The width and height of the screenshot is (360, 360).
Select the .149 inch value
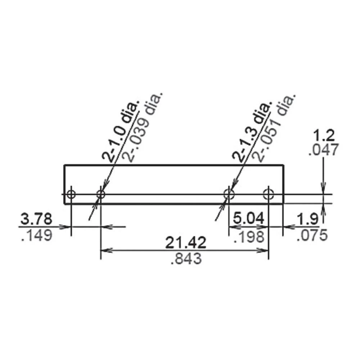[x=36, y=235]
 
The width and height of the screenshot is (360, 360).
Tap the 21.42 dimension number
[x=186, y=243]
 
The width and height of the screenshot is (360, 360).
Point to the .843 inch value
[x=186, y=259]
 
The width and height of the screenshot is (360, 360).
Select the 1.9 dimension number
[x=308, y=219]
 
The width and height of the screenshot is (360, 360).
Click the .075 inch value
[x=312, y=235]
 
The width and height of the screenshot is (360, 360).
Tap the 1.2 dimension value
[x=323, y=136]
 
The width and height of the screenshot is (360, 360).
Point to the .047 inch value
[x=323, y=150]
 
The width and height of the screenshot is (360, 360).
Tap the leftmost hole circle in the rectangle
[x=71, y=194]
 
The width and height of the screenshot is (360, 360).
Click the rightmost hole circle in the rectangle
[x=268, y=194]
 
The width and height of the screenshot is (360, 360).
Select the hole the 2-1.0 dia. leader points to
[x=101, y=194]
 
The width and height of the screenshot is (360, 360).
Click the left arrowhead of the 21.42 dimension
[x=105, y=250]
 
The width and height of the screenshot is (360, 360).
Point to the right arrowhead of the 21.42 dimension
[x=265, y=250]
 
